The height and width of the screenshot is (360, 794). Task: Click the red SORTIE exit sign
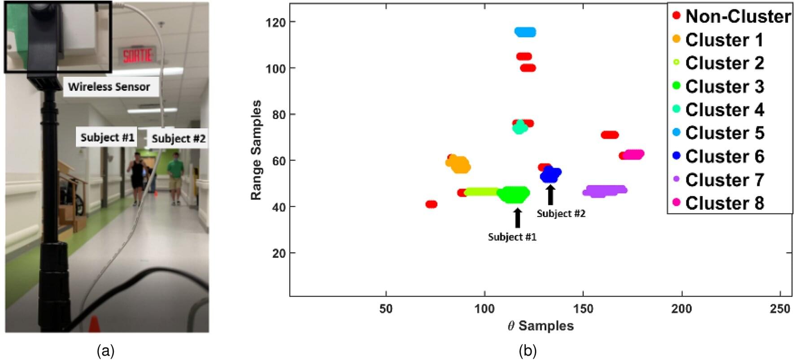[138, 56]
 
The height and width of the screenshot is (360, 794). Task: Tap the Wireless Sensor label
[109, 87]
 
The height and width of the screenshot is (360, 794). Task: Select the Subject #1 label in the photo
[107, 137]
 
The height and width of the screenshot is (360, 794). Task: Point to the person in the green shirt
[175, 178]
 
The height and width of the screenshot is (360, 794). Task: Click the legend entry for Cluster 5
[724, 133]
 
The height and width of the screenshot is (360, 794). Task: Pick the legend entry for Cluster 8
[724, 203]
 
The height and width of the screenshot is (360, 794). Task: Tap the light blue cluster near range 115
[525, 32]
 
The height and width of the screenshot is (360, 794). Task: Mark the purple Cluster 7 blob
[604, 191]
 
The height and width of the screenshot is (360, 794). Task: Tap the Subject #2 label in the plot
[561, 213]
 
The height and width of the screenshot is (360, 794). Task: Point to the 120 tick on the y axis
[275, 22]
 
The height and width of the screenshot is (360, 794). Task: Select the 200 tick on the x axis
[681, 308]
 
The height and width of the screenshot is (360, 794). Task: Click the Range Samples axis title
[256, 150]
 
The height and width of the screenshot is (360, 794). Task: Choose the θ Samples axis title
[541, 326]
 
